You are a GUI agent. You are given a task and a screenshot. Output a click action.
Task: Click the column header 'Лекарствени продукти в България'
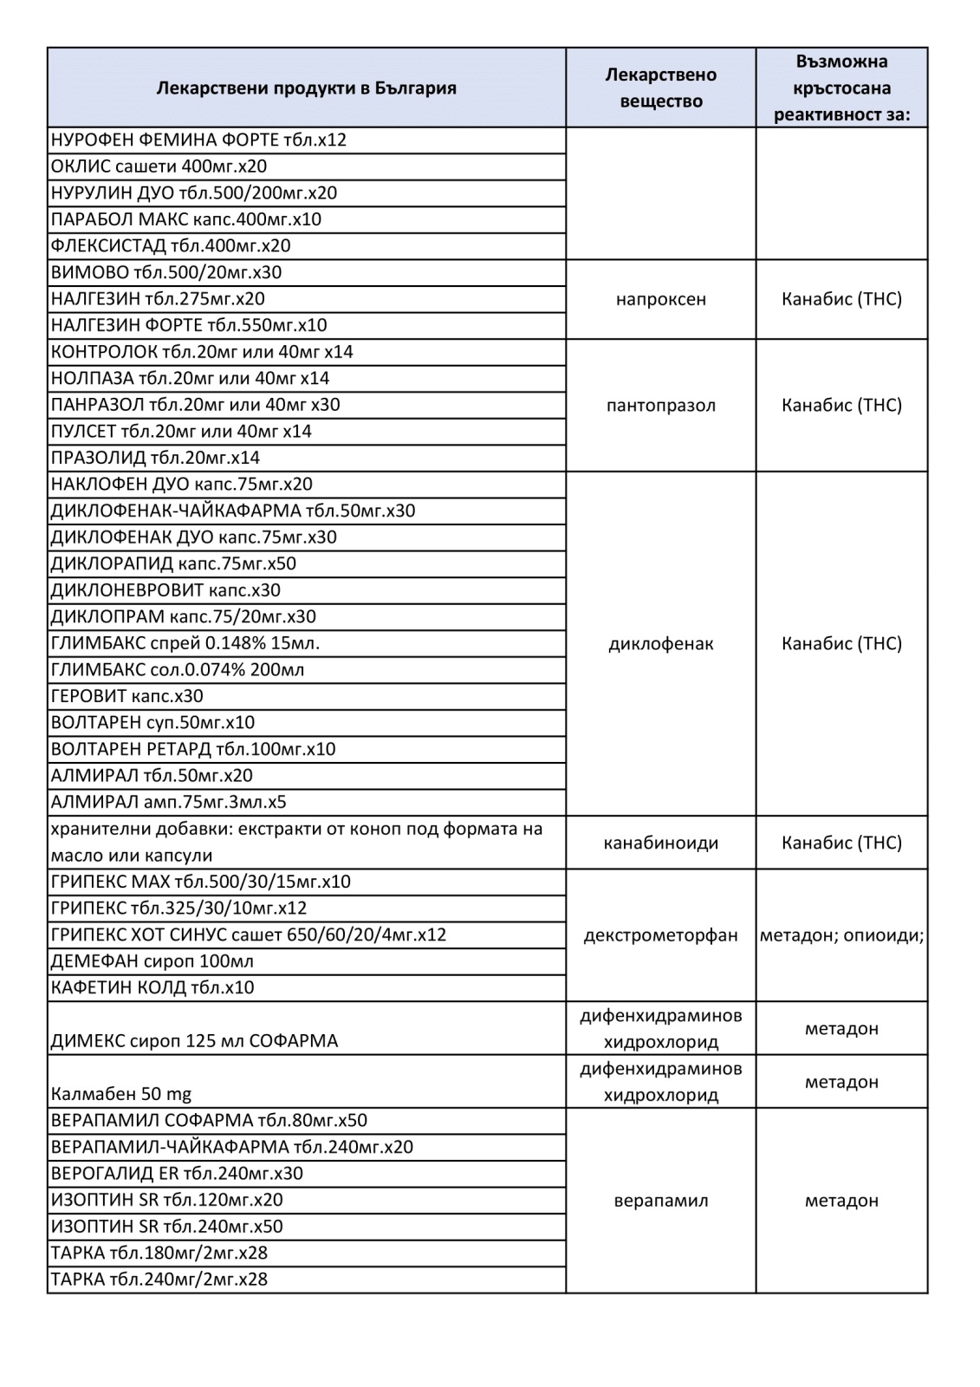coord(306,88)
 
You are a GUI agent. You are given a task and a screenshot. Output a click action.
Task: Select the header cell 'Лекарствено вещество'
coord(660,88)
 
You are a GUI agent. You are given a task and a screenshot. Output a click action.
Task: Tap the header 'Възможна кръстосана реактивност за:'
coord(841,88)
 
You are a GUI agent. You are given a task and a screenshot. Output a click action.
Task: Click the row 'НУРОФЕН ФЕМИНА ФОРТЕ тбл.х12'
coord(198,140)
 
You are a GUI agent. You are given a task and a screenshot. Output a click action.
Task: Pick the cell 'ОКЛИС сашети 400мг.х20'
coord(159,166)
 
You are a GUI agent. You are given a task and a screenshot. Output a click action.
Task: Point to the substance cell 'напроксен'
coord(660,299)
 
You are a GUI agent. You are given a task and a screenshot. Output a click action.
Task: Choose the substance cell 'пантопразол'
coord(660,405)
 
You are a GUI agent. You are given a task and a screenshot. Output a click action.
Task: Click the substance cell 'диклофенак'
coord(660,643)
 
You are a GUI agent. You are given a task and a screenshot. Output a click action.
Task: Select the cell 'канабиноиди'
coord(660,843)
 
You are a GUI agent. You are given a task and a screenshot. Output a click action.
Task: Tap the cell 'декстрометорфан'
coord(660,935)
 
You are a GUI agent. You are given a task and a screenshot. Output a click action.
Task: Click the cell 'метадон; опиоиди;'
coord(841,935)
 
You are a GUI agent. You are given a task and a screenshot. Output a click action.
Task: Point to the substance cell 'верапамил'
coord(660,1201)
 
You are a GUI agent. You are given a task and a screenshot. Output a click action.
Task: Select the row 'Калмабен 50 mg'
coord(121,1094)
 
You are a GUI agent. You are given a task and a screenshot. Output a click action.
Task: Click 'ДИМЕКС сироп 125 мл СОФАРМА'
coord(194,1040)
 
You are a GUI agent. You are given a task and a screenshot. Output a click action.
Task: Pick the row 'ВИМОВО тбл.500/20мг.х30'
coord(166,272)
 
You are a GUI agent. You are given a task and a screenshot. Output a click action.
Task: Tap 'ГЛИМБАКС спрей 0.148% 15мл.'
coord(185,643)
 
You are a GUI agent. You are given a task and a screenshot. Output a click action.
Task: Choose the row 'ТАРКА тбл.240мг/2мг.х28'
coord(159,1280)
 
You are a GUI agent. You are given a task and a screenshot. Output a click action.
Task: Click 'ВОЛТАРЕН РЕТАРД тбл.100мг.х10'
coord(192,749)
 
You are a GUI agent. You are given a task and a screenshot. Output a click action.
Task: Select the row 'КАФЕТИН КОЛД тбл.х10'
coord(153,987)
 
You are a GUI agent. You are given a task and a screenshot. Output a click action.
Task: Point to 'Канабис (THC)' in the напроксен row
coord(841,299)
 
